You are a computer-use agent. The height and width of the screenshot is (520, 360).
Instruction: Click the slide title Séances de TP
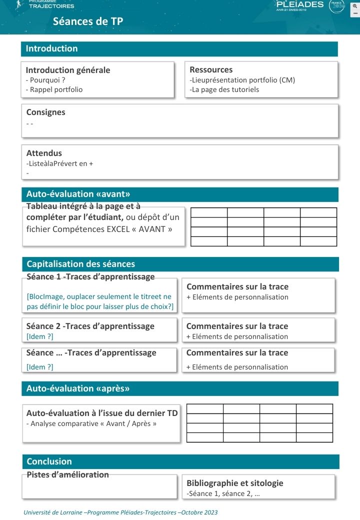coord(88,21)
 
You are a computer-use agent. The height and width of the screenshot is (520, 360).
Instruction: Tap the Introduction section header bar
coord(179,48)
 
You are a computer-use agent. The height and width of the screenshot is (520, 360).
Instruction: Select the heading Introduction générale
coord(68,70)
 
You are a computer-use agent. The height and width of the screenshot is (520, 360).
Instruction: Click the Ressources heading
coord(211,69)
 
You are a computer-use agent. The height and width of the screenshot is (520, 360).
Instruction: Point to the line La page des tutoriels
coord(224,89)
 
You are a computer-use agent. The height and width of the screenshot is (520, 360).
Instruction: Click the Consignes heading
coord(45,112)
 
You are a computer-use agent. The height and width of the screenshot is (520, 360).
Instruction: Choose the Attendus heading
coord(44,153)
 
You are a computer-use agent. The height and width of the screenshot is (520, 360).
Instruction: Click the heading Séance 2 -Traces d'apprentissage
coord(90,326)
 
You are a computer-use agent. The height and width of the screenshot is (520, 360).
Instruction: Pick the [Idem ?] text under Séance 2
coord(39,336)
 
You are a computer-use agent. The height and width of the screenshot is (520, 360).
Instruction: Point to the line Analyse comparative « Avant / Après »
coord(91,423)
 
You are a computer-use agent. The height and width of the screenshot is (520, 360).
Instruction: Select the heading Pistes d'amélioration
coord(67,474)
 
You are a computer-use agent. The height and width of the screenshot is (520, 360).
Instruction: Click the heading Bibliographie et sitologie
coord(234,483)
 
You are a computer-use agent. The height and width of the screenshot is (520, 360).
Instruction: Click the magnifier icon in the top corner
coord(354,5)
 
